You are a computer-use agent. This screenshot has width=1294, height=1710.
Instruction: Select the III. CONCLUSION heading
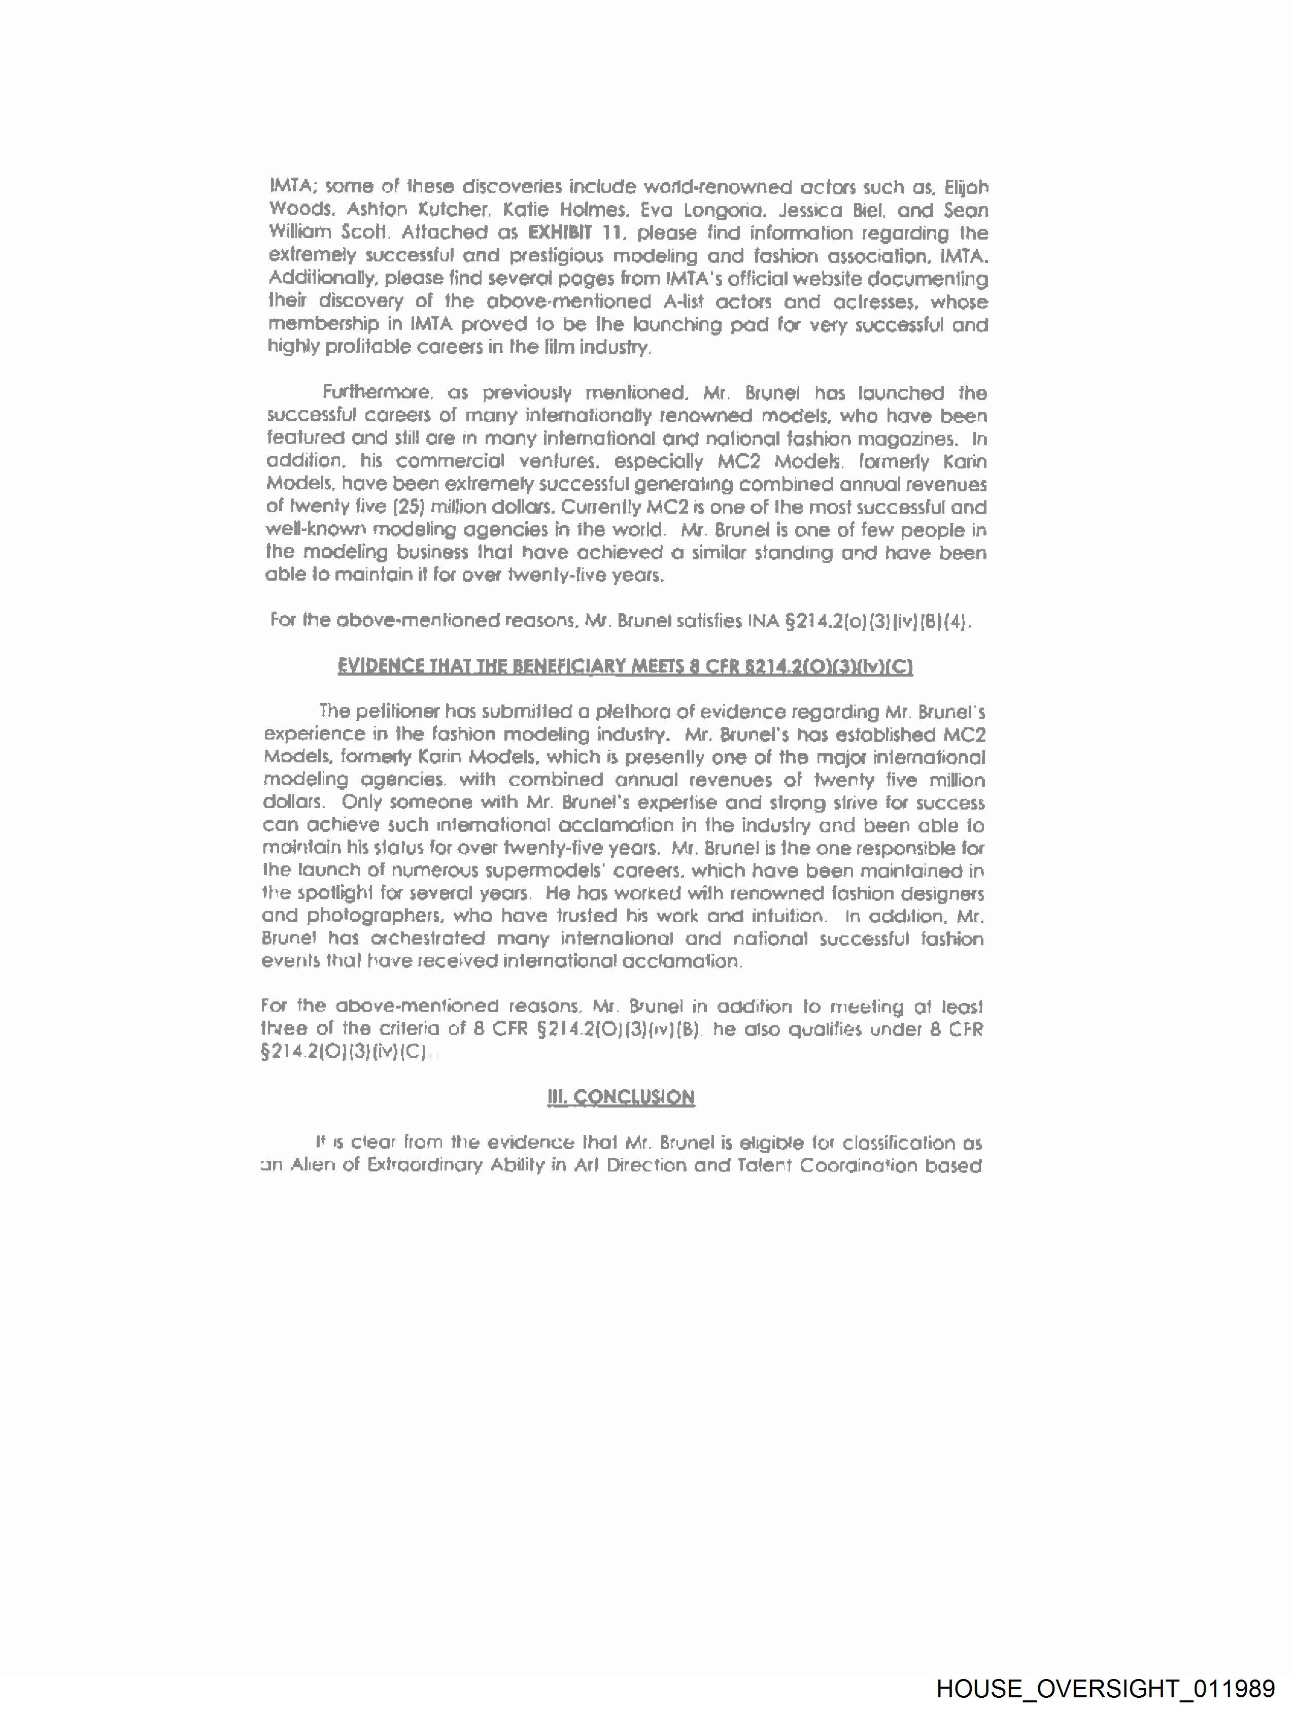point(621,1098)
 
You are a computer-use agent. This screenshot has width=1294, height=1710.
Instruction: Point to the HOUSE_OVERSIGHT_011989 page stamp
point(1105,1688)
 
